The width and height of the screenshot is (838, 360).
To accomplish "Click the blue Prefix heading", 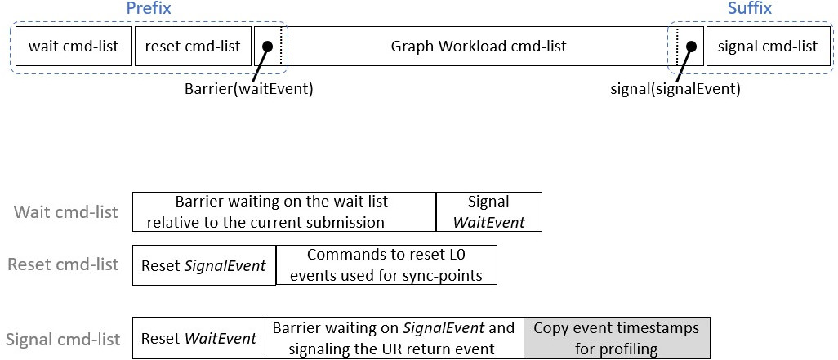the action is point(148,8).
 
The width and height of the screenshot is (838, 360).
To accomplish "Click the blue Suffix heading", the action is point(750,8).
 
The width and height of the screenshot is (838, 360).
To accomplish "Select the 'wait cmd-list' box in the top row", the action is point(74,46).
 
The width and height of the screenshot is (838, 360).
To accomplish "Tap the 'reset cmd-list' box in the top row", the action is point(193,46).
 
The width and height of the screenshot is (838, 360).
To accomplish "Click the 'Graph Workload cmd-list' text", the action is point(479,47).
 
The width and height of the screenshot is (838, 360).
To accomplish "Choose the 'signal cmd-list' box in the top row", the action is point(768,46).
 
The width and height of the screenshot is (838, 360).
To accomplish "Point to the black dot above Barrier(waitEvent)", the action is point(268,47).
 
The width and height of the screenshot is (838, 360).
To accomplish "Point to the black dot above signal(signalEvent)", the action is point(691,47).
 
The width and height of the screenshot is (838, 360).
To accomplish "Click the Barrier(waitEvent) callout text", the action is point(248,89).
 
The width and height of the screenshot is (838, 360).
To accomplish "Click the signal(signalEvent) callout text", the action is point(675,89).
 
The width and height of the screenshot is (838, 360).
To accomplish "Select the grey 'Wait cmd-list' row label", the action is point(65,212).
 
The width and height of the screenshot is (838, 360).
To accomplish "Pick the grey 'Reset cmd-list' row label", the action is point(63,264).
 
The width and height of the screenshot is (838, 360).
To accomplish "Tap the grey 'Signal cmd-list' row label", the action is point(63,339).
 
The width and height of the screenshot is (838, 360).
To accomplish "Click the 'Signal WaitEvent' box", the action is point(489,211).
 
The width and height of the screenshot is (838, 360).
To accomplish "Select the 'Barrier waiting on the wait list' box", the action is point(284,211).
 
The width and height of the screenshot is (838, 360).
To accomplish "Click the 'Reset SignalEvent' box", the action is point(204,265).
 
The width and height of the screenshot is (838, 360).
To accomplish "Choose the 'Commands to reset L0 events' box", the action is point(386,265).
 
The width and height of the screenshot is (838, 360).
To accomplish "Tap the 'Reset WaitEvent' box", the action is point(198,338).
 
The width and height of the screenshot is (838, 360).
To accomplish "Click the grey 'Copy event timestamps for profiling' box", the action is point(617,338).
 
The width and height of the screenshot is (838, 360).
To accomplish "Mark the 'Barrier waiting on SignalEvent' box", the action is point(394,338).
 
